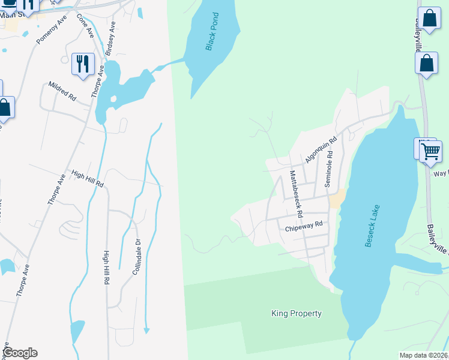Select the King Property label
(x=297, y=313)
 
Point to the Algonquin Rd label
(x=321, y=149)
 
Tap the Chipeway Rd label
(x=304, y=226)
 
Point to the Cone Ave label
(x=86, y=25)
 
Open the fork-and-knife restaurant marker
(x=83, y=63)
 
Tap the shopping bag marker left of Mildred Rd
(x=4, y=108)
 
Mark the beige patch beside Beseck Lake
(x=337, y=199)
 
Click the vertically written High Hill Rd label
(x=106, y=267)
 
